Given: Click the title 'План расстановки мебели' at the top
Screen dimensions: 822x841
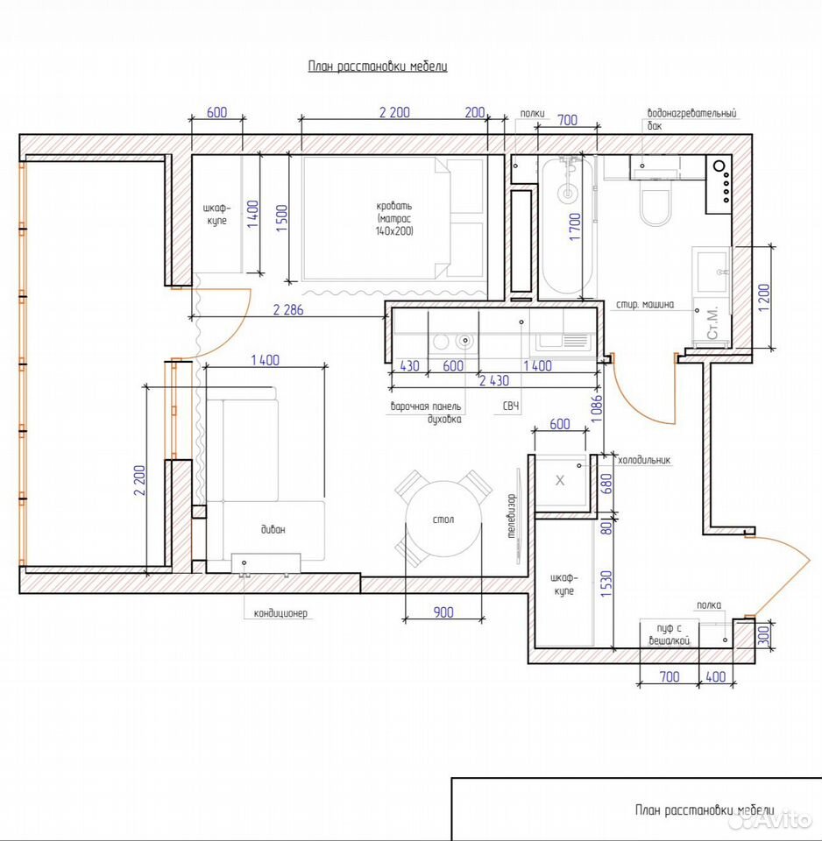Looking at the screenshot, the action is coord(377,67).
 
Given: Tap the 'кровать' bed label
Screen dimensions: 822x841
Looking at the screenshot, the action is coord(394,206).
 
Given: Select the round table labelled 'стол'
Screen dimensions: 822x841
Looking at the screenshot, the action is coord(443,519).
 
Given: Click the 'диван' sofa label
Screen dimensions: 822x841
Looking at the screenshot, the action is coord(273,529).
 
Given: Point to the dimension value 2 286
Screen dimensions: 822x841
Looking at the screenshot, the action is coord(288,309).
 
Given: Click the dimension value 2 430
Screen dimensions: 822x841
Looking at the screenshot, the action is coord(494,380).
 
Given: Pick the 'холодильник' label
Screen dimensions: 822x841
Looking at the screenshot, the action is coord(644,460).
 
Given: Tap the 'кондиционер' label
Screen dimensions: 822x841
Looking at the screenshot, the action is coord(280,613).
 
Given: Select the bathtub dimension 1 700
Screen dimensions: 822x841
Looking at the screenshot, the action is coord(575,226).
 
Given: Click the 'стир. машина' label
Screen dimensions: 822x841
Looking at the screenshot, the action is coord(644,305).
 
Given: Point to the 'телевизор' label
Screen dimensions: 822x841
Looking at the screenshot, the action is coord(511,516).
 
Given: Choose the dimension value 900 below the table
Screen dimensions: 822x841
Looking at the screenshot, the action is coord(443,612).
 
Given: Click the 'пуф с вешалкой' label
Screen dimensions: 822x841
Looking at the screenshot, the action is coord(669,634).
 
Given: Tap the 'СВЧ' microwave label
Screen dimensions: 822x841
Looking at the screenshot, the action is coord(511,406).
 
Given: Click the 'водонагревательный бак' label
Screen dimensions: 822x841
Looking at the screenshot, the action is coord(691,119).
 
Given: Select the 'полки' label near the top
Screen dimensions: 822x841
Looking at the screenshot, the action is coord(532,113).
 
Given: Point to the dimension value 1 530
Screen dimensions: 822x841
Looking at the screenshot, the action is coord(606,584).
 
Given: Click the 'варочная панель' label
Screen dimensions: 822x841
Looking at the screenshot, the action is coord(426,406).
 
